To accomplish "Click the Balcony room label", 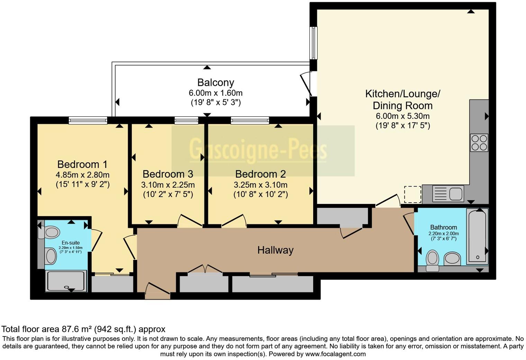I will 216,82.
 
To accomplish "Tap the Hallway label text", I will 275,250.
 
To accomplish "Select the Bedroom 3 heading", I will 168,174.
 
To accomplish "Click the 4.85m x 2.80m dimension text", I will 82,175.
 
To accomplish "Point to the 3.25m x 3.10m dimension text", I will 260,185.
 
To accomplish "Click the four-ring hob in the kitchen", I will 479,143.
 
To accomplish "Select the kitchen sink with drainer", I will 448,194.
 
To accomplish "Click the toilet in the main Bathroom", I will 432,260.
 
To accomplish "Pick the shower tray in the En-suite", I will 66,281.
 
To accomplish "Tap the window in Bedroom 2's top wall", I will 250,120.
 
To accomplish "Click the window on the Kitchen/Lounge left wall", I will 313,43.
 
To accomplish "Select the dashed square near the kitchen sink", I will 412,194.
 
